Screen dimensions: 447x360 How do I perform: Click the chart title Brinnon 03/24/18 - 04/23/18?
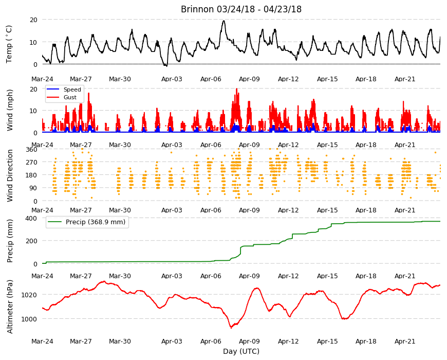241,9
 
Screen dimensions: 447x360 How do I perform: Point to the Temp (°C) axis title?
9,44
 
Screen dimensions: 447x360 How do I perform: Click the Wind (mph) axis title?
10,110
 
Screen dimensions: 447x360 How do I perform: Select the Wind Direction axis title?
10,175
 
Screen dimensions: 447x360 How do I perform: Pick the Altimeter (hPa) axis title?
10,307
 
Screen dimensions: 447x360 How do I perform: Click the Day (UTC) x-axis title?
241,351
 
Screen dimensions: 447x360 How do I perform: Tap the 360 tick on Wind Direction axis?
32,149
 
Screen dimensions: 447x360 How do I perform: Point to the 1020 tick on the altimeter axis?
29,295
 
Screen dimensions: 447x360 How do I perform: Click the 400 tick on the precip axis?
32,218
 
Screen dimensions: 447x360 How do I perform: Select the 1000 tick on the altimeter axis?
29,319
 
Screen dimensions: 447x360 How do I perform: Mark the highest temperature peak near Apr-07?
224,21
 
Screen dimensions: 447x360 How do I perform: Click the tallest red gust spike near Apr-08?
237,89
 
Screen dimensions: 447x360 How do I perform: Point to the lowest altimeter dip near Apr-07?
231,328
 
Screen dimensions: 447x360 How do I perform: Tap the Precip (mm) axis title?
10,241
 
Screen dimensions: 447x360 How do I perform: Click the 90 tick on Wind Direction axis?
33,188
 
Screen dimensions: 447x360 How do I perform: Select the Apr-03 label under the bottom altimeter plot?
172,341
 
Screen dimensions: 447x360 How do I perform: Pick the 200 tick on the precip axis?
32,241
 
